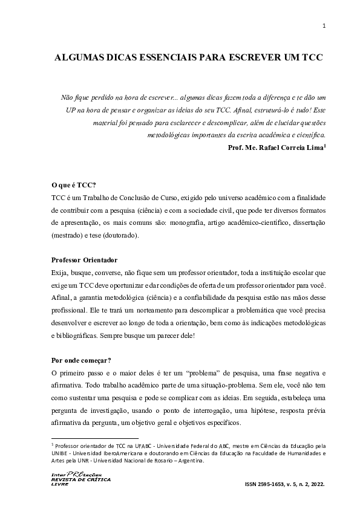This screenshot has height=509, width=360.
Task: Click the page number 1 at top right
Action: [x=324, y=25]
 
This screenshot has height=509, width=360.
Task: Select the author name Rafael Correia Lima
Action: [x=293, y=148]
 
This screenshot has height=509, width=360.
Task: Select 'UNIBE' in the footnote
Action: [x=61, y=452]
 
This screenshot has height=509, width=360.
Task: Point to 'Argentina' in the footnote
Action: [x=188, y=459]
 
